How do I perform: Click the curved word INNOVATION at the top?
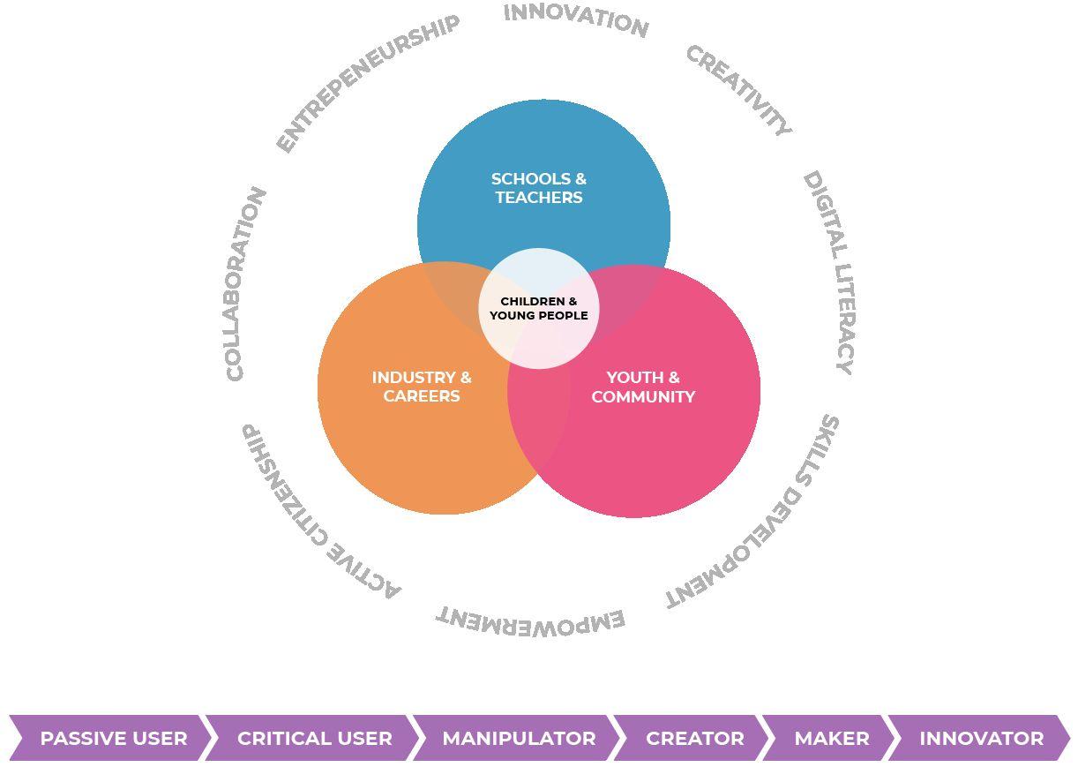tap(576, 20)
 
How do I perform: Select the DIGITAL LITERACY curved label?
tap(829, 272)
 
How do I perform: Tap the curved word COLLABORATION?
tap(245, 284)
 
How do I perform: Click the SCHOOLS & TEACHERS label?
tap(539, 188)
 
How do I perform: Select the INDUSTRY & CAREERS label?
tap(422, 387)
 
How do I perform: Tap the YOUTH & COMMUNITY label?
tap(643, 387)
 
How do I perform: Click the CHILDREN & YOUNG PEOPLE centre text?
tap(539, 308)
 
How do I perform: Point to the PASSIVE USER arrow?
tap(113, 738)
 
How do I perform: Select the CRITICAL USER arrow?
tap(314, 738)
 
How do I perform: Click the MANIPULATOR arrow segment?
tap(519, 738)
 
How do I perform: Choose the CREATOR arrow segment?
tap(694, 738)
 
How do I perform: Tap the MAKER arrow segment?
tap(831, 738)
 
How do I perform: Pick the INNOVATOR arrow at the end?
tap(981, 738)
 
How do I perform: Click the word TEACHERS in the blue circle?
tap(539, 198)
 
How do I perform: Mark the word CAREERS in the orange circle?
tap(422, 396)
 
